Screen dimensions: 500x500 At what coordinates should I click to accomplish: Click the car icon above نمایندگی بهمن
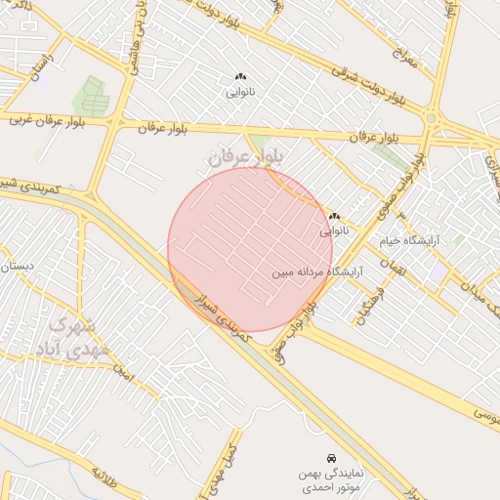332,457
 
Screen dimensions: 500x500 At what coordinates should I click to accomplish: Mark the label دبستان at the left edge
20,265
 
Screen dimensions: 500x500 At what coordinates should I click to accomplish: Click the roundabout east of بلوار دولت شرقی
431,119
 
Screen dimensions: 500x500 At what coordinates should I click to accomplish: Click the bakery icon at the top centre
240,76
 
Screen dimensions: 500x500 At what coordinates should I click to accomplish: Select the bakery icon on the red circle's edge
334,217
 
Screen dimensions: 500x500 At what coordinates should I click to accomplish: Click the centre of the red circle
251,250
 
